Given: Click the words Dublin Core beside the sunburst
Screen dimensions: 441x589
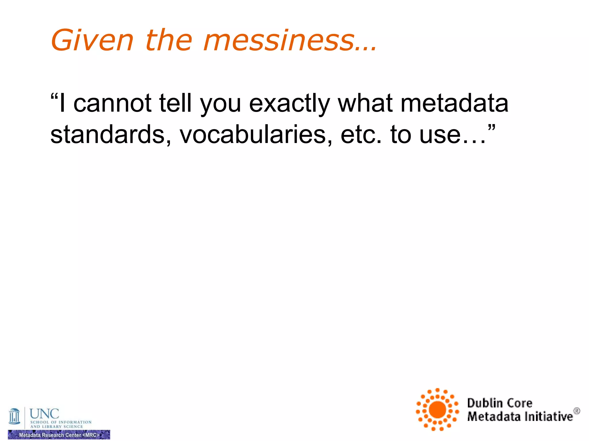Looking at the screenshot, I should tap(500, 403).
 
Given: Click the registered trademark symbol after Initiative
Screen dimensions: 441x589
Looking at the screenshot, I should tap(577, 411).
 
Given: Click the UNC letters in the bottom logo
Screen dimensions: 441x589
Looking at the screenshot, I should tap(44, 414).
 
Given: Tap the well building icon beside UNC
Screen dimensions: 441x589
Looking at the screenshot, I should tap(14, 417).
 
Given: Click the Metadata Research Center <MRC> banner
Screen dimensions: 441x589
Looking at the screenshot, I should tap(59, 435).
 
